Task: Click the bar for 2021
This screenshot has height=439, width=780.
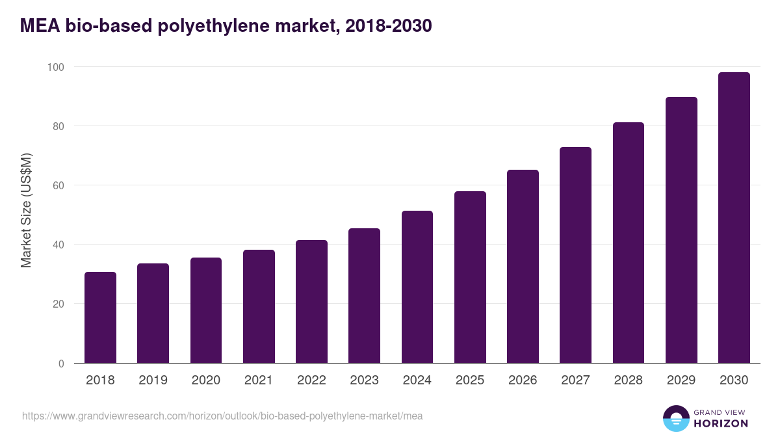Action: (259, 306)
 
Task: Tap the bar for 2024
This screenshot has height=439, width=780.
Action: (417, 287)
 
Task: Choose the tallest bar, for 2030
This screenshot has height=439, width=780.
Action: (734, 218)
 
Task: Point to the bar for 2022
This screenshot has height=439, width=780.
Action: (311, 302)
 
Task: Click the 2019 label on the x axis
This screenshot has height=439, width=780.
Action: (153, 380)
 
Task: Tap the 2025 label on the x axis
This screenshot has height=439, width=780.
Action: (470, 380)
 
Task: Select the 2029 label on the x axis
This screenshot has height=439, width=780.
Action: (681, 380)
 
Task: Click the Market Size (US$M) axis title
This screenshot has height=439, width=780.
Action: (27, 210)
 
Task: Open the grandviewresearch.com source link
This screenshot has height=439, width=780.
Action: (222, 416)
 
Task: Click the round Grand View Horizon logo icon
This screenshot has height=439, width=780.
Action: (675, 418)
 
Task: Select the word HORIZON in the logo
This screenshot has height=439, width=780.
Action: (721, 423)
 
